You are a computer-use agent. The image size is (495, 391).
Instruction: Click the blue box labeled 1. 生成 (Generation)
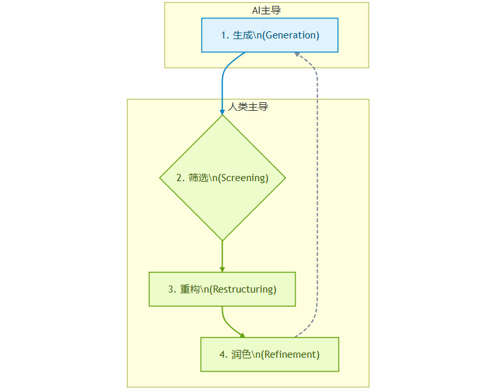click(270, 35)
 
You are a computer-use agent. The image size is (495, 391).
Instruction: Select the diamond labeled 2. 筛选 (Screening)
click(222, 178)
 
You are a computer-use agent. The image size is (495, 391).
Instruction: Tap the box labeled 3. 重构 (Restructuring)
click(222, 289)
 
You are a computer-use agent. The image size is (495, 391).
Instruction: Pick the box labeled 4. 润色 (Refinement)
click(270, 355)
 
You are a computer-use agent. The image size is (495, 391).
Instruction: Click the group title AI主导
click(266, 10)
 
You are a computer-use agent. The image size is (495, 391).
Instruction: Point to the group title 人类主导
click(248, 107)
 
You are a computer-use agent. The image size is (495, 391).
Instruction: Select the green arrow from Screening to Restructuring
click(222, 256)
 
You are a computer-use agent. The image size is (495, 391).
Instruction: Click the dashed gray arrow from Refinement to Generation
click(317, 195)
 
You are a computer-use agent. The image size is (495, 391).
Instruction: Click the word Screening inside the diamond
click(244, 178)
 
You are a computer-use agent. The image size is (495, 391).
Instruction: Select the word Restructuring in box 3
click(247, 289)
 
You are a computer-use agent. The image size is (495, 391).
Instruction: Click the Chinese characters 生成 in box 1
click(243, 35)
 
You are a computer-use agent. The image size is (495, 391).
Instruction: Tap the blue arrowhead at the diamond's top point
click(222, 112)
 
